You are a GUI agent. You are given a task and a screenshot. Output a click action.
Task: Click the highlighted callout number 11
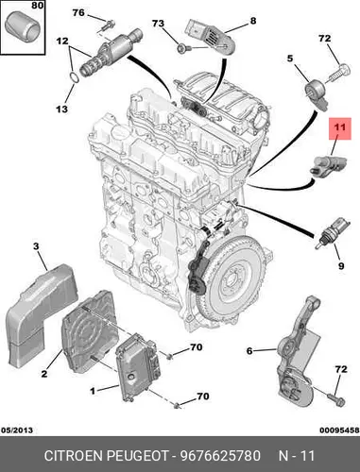point(340,127)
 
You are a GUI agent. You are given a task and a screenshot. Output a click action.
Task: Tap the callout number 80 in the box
point(38,6)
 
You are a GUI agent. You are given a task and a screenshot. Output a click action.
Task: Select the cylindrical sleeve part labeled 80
point(23,26)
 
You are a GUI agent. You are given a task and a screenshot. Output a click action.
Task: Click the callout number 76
point(78,12)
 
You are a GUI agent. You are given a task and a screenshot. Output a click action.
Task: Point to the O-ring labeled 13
point(73,76)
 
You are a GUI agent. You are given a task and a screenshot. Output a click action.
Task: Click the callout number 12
point(62,41)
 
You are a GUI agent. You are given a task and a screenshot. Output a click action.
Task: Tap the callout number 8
point(253,21)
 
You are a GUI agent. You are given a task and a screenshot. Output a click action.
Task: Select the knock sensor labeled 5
point(317,92)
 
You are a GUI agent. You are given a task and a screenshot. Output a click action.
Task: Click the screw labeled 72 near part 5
point(339,73)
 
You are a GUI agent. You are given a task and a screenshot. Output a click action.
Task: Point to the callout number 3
point(36,246)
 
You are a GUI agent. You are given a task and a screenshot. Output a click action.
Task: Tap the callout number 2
point(44,374)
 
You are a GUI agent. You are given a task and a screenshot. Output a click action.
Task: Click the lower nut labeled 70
point(179,406)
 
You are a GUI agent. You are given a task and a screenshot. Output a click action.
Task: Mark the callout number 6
point(249,350)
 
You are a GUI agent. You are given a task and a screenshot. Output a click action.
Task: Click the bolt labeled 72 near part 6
point(335,398)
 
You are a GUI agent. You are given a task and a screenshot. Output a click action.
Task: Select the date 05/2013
point(17,430)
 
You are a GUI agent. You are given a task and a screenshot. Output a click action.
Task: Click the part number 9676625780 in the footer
point(220,455)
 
